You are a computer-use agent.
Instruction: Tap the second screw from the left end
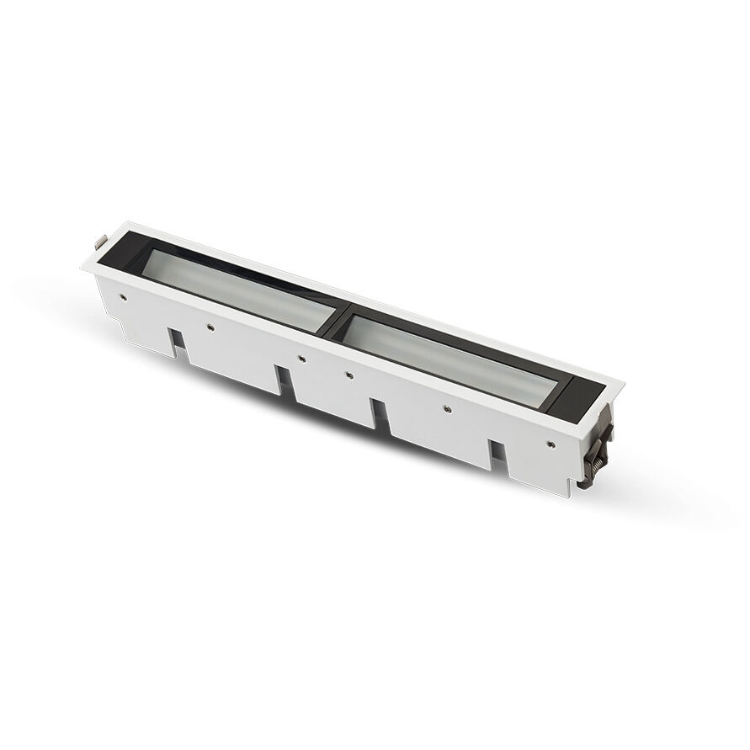tap(210, 326)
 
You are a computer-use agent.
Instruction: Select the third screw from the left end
tap(302, 359)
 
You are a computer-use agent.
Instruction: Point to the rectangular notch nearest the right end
tap(496, 455)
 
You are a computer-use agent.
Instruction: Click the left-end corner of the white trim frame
tap(83, 267)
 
